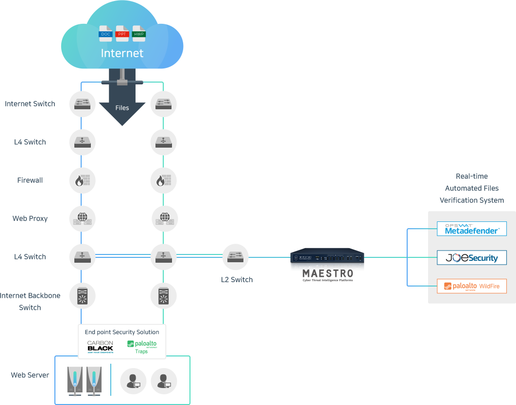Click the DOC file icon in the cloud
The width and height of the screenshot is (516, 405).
[106, 33]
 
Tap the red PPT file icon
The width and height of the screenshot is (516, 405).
[122, 33]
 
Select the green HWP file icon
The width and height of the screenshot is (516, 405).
[139, 33]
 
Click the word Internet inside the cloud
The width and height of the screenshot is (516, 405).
[122, 53]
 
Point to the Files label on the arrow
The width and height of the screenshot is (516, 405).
[122, 108]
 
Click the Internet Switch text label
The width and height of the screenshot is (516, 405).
[30, 104]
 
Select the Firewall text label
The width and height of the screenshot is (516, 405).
[30, 181]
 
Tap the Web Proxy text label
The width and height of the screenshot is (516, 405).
[30, 219]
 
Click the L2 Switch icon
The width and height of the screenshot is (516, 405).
[236, 257]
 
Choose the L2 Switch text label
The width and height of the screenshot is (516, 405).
[237, 280]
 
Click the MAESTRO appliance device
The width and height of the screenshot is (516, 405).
[327, 257]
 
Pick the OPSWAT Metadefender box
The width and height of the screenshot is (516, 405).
[472, 229]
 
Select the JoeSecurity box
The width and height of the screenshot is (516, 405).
[472, 257]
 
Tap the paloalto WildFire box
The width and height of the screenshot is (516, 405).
[472, 286]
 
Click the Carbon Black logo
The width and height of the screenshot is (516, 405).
[100, 346]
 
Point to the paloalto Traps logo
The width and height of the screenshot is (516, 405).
[141, 346]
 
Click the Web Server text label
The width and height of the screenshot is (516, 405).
[30, 375]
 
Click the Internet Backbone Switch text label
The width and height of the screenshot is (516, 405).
[30, 302]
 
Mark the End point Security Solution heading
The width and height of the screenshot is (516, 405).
[122, 332]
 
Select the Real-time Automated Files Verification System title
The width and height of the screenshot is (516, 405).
[472, 188]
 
